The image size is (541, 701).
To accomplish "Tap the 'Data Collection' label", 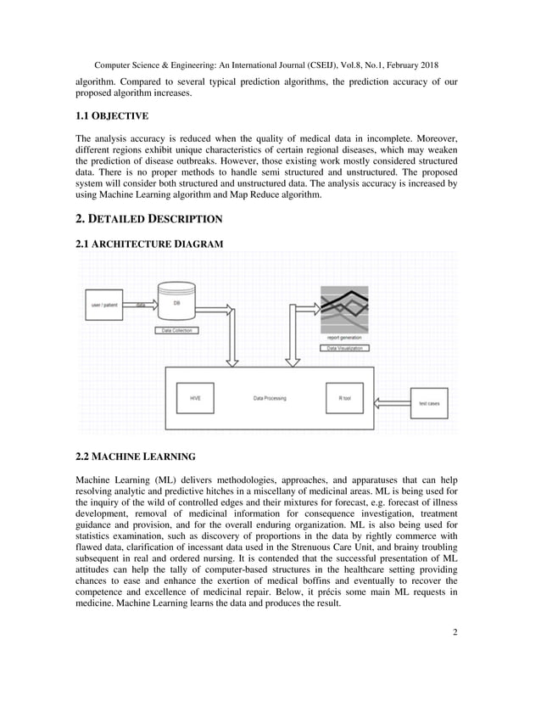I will [176, 330].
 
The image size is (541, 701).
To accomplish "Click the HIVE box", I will [195, 397].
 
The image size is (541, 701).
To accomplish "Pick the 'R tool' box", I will [344, 397].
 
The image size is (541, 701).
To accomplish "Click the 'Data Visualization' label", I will [344, 348].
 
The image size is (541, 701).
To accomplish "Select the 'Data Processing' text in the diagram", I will [270, 397].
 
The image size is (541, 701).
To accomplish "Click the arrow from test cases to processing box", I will [392, 402].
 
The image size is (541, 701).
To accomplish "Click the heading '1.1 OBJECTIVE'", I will [112, 115].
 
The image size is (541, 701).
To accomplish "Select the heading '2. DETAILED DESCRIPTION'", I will [149, 219].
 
